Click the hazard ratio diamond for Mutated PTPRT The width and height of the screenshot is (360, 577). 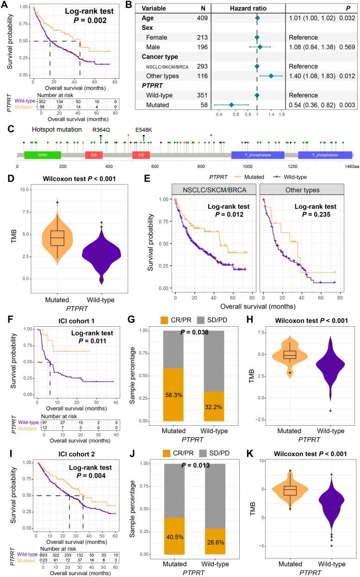(231, 105)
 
